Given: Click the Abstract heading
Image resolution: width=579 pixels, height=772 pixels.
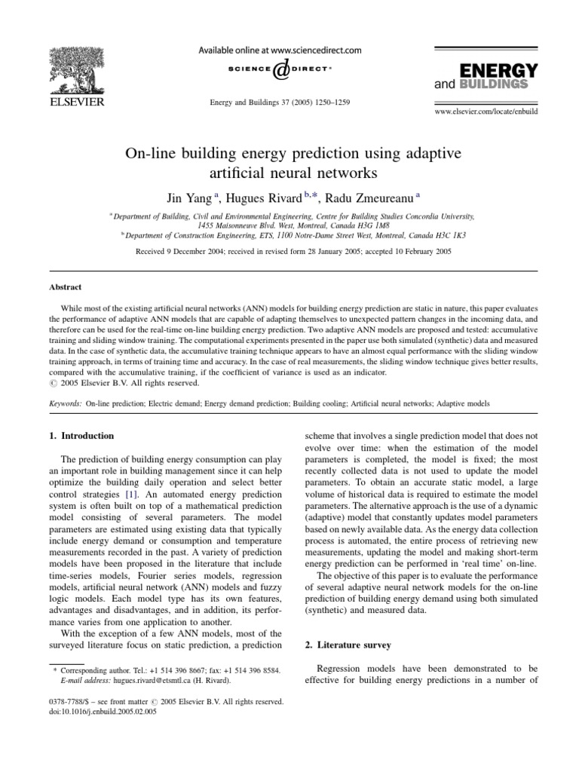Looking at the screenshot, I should tap(66, 287).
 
